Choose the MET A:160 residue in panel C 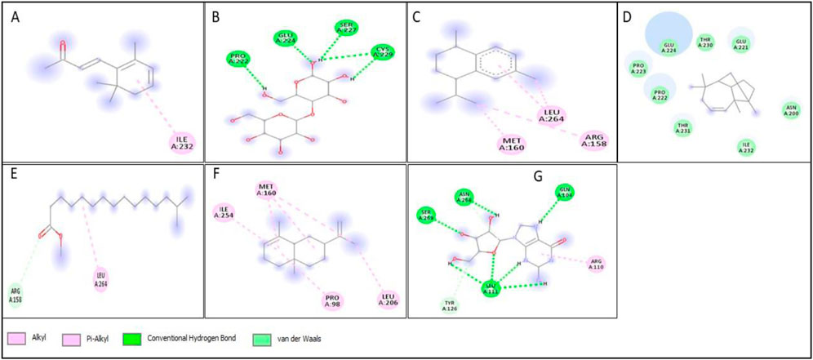tap(512, 144)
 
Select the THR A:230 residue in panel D tap(705, 42)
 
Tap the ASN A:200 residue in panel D tap(789, 109)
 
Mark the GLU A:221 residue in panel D tap(741, 42)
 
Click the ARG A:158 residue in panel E tap(16, 294)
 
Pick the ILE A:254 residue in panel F tap(223, 212)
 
